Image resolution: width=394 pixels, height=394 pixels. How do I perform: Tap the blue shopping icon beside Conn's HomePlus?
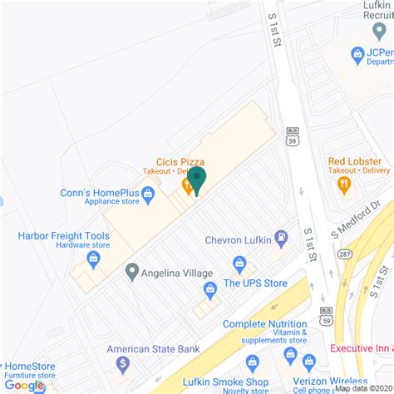(149, 195)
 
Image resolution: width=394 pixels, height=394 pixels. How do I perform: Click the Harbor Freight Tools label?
(63, 235)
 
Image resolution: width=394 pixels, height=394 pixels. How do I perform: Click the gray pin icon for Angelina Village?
(131, 272)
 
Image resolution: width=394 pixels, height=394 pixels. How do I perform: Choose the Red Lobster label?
(359, 160)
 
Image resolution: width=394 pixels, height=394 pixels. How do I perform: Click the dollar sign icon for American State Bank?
(123, 363)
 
